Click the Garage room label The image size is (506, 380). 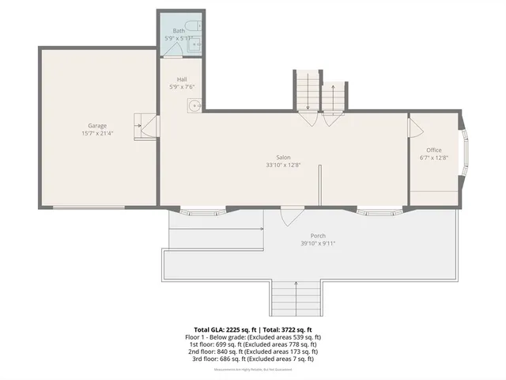(97, 126)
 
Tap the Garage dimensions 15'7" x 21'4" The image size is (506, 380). (97, 134)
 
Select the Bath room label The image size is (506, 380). (179, 31)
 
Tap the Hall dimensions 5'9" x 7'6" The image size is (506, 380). (182, 87)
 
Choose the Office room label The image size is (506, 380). (434, 150)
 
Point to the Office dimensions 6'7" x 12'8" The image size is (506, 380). (434, 158)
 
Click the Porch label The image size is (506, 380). (318, 236)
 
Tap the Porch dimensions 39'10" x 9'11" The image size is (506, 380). (318, 244)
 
